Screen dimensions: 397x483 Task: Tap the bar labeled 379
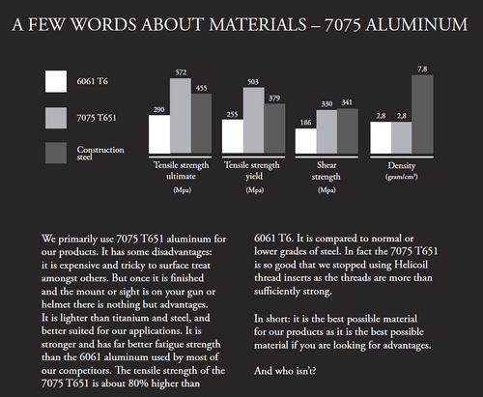273,129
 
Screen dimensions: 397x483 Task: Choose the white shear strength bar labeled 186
306,141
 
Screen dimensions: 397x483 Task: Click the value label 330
327,103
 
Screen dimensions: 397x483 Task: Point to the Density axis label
400,167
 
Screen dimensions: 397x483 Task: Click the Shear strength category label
326,172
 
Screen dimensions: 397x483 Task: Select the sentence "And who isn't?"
288,370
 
